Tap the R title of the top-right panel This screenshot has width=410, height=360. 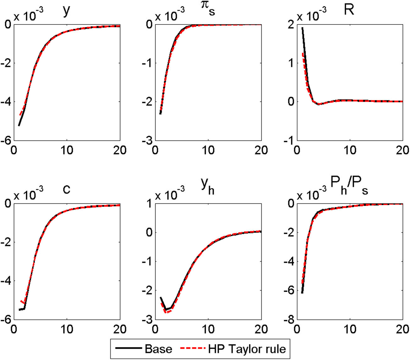click(349, 10)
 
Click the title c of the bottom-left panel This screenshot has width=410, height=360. click(66, 189)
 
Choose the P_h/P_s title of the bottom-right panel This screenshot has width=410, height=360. click(349, 189)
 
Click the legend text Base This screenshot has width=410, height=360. click(158, 349)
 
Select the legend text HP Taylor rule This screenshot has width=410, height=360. click(247, 349)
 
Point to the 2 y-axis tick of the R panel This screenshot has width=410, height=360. click(291, 25)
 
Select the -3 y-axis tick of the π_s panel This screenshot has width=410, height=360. click(147, 141)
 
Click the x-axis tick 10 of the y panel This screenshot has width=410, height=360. click(67, 150)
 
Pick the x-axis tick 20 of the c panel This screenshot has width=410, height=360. click(120, 330)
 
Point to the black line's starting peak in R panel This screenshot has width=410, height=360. click(302, 28)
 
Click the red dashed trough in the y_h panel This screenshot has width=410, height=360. click(167, 312)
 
